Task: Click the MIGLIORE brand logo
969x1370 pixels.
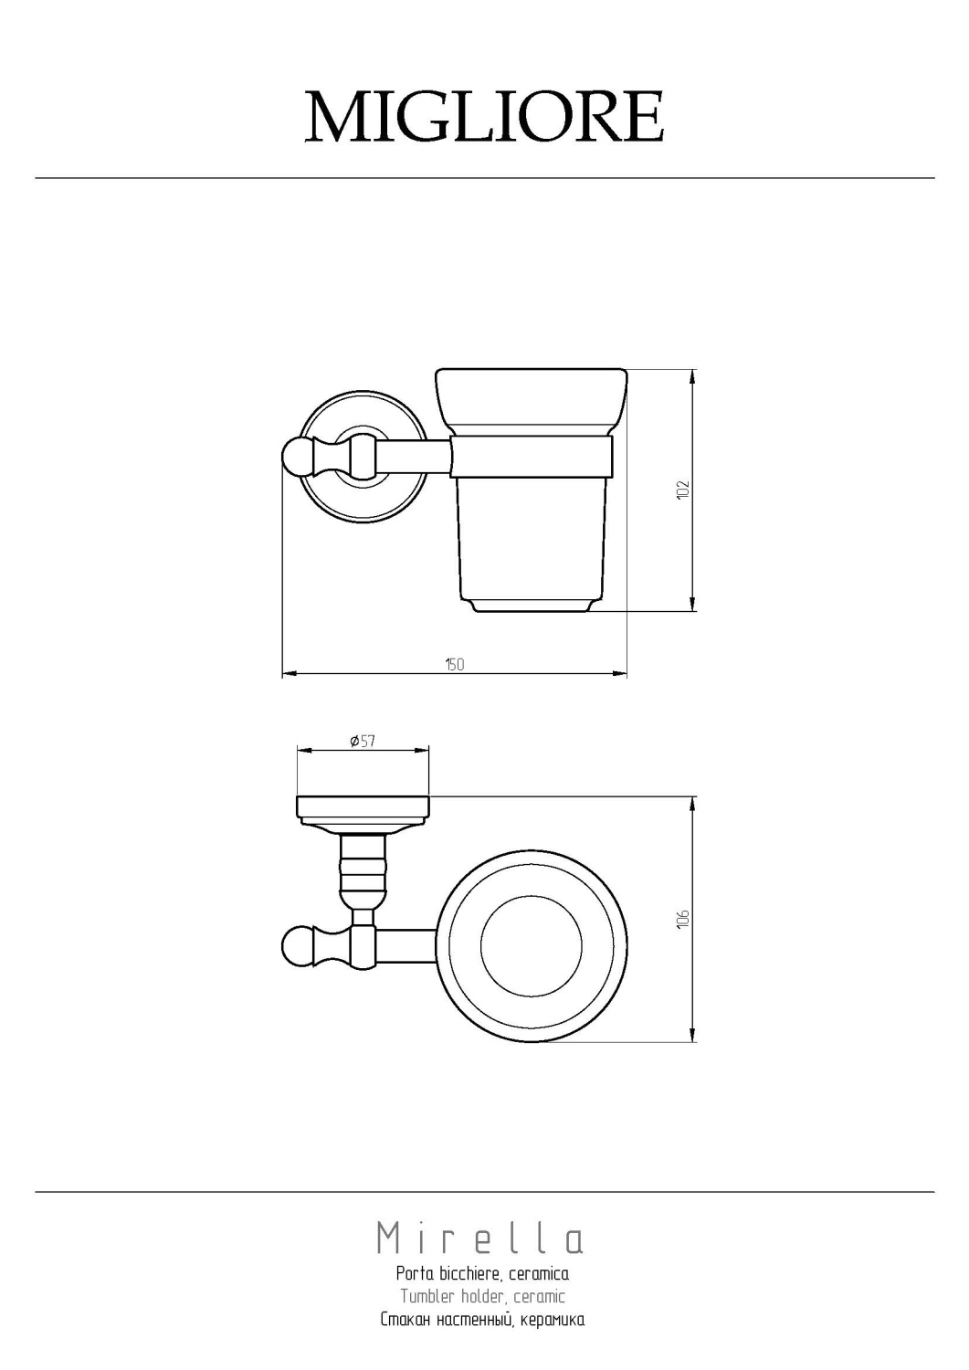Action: pos(484,117)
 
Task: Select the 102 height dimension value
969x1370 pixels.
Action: pos(683,490)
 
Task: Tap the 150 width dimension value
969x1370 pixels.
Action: pos(455,664)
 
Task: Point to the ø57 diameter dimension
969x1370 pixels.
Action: pos(363,741)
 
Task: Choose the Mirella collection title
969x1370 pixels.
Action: pos(480,1238)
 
